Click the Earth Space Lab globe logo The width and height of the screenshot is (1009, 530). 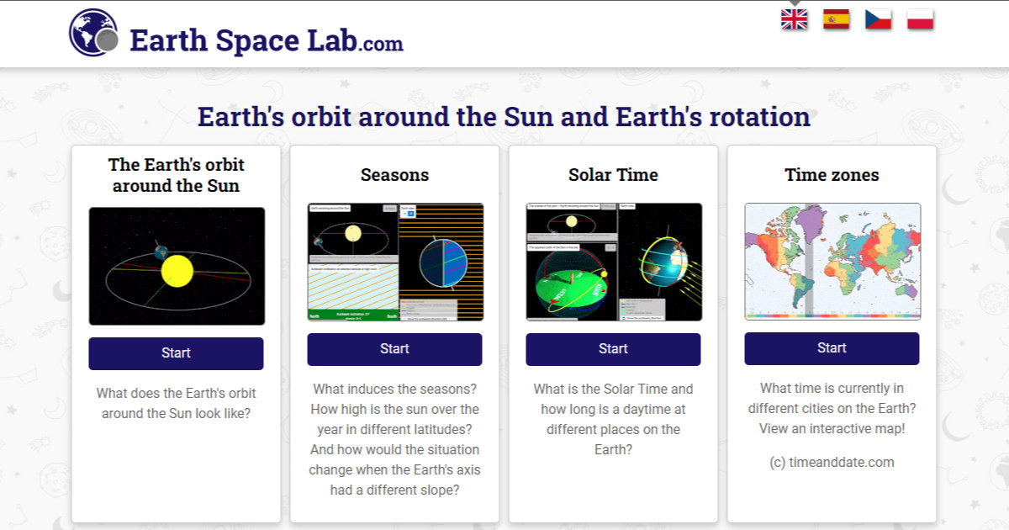pos(93,33)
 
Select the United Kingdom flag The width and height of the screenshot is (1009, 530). pos(794,19)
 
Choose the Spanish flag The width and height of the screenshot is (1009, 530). pos(836,19)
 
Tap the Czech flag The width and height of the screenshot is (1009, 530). pos(878,19)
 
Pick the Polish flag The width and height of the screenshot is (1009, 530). pos(921,19)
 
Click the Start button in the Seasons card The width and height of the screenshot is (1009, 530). pos(394,349)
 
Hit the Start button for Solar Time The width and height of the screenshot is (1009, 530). pos(613,349)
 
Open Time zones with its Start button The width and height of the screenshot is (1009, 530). pos(832,348)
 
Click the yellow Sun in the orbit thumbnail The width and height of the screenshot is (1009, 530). pos(177,271)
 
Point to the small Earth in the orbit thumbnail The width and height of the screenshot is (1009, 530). pos(160,252)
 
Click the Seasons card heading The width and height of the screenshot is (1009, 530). pos(394,175)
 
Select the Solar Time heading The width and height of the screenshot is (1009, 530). pos(613,175)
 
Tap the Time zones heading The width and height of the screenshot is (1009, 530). pos(832,175)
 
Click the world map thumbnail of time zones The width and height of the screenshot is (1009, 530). pos(832,261)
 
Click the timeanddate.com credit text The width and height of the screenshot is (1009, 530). pos(832,462)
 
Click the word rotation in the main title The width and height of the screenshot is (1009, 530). pos(759,117)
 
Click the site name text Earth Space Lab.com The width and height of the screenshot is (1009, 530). pos(267,41)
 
